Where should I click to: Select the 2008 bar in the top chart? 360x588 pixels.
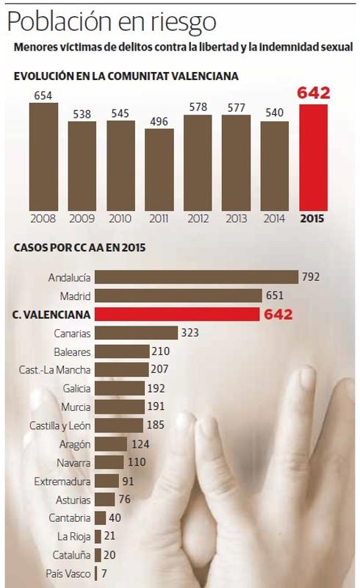tap(43, 156)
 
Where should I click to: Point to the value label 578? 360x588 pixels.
tap(198, 107)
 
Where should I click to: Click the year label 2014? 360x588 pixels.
tap(274, 218)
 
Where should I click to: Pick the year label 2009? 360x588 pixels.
tap(82, 218)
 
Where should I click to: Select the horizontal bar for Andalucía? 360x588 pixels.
tap(197, 277)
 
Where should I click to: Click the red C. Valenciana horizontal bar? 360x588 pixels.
tap(177, 315)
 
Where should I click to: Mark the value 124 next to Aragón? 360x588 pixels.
tap(140, 444)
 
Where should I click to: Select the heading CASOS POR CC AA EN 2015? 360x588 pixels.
tap(79, 248)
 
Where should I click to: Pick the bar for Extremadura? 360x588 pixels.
tap(107, 481)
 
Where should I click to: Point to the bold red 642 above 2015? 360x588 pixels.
tap(313, 93)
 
